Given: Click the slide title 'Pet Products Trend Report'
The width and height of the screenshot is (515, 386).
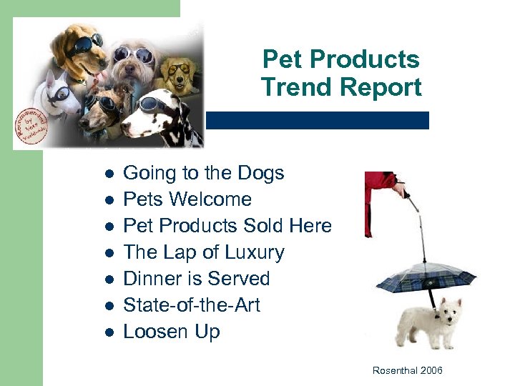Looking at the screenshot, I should coord(341,74).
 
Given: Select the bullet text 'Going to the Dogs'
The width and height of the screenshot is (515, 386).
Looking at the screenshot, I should coord(204,173).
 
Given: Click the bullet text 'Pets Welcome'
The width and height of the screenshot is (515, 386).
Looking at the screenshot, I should coord(187,199).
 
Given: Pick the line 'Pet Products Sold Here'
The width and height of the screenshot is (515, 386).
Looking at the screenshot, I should coord(227,226).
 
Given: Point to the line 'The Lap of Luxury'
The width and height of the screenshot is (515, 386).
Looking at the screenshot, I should coord(204,252).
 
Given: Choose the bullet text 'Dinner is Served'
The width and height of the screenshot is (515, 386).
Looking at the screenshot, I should coord(197,279).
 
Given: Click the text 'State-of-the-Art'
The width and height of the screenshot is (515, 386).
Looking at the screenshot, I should coord(192,305).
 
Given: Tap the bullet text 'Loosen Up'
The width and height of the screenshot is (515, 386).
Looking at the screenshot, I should coord(172,332).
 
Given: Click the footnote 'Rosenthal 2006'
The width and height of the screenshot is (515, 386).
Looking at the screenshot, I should coord(408,370).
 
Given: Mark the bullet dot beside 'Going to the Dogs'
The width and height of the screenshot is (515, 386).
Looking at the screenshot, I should coord(107,174).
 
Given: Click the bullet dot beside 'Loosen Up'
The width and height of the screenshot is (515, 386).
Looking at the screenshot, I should coord(107,332).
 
